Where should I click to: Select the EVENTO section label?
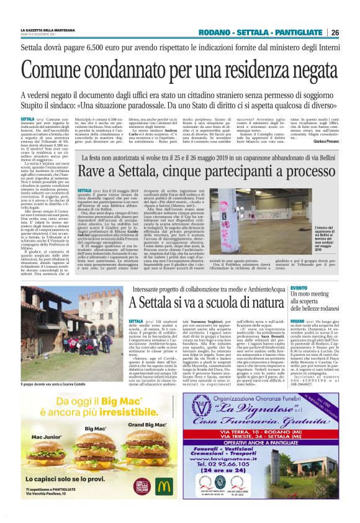[299, 288]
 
